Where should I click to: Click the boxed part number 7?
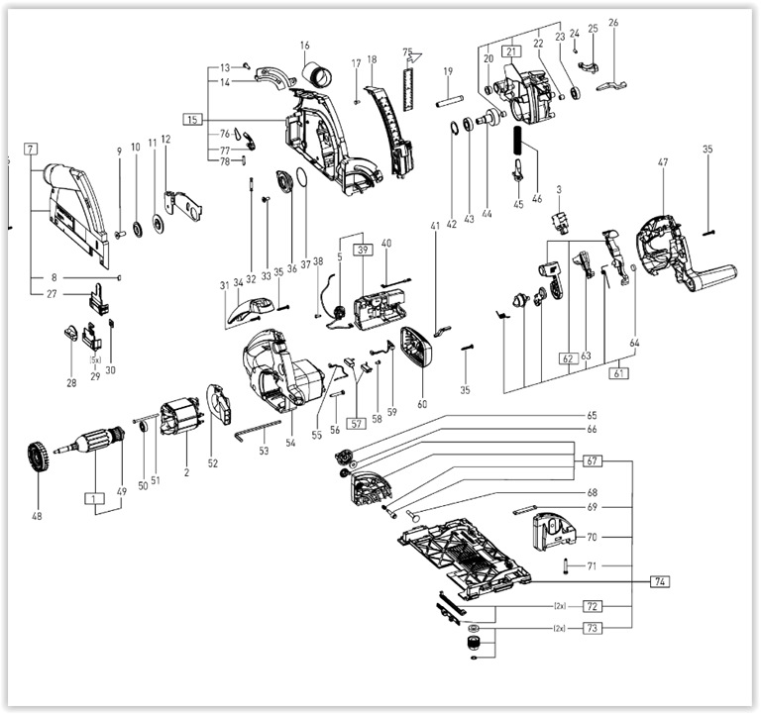(x=32, y=149)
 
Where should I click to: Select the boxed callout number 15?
(x=192, y=120)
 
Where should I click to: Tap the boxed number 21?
(x=511, y=51)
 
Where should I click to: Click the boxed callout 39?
(x=363, y=250)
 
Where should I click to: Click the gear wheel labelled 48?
(x=39, y=459)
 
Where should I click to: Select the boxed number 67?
(x=593, y=461)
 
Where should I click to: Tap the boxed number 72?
(x=593, y=604)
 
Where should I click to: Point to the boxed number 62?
(x=568, y=357)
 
